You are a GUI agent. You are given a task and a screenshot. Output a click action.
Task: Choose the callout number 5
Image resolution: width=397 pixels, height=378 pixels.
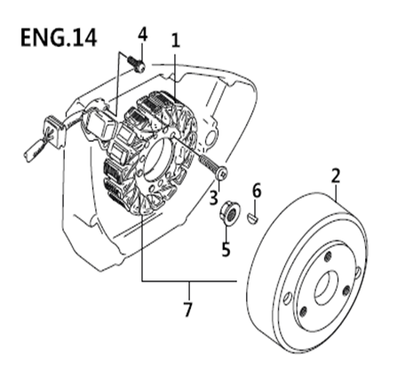(x=226, y=249)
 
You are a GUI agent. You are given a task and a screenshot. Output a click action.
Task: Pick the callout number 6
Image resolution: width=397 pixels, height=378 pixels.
(x=257, y=190)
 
